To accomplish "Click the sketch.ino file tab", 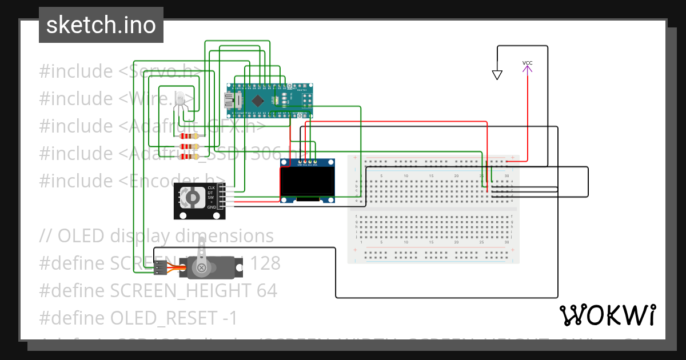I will [x=101, y=25].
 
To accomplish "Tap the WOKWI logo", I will [x=607, y=315].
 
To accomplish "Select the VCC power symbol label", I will [x=527, y=63].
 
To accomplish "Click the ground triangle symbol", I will [x=497, y=75].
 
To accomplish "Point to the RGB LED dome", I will [x=181, y=98].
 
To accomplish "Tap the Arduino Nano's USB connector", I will [x=234, y=102].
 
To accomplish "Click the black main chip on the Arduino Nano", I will [x=258, y=101].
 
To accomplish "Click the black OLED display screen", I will [x=308, y=182].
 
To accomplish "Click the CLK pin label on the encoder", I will [x=211, y=187].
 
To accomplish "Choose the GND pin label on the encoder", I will [x=211, y=207].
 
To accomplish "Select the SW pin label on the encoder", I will [x=211, y=197].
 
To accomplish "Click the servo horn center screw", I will [x=201, y=267].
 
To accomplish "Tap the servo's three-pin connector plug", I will [x=161, y=266].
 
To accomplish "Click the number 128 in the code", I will [x=264, y=263].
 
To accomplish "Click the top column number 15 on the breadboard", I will [x=431, y=175].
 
